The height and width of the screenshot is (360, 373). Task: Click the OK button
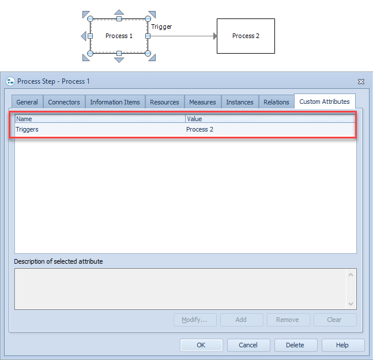pyautogui.click(x=201, y=345)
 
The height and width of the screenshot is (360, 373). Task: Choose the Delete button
pyautogui.click(x=296, y=345)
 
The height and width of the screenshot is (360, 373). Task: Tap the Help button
pyautogui.click(x=343, y=345)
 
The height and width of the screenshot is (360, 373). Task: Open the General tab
pyautogui.click(x=27, y=102)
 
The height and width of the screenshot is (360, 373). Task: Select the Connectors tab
pyautogui.click(x=64, y=102)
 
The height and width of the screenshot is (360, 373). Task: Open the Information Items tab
pyautogui.click(x=115, y=102)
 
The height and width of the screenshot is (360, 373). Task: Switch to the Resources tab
pyautogui.click(x=164, y=102)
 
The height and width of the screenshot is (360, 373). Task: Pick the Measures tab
pyautogui.click(x=202, y=102)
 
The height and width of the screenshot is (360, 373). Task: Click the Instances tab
pyautogui.click(x=240, y=102)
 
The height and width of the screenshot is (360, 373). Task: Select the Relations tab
pyautogui.click(x=276, y=102)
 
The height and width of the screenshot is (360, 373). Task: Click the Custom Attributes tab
pyautogui.click(x=325, y=102)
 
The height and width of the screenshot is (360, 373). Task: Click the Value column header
pyautogui.click(x=270, y=119)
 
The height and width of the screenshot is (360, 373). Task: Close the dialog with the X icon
pyautogui.click(x=361, y=82)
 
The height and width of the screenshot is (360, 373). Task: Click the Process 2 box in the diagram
pyautogui.click(x=246, y=36)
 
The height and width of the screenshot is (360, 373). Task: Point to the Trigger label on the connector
pyautogui.click(x=161, y=27)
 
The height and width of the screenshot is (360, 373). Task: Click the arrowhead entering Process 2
pyautogui.click(x=215, y=36)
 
